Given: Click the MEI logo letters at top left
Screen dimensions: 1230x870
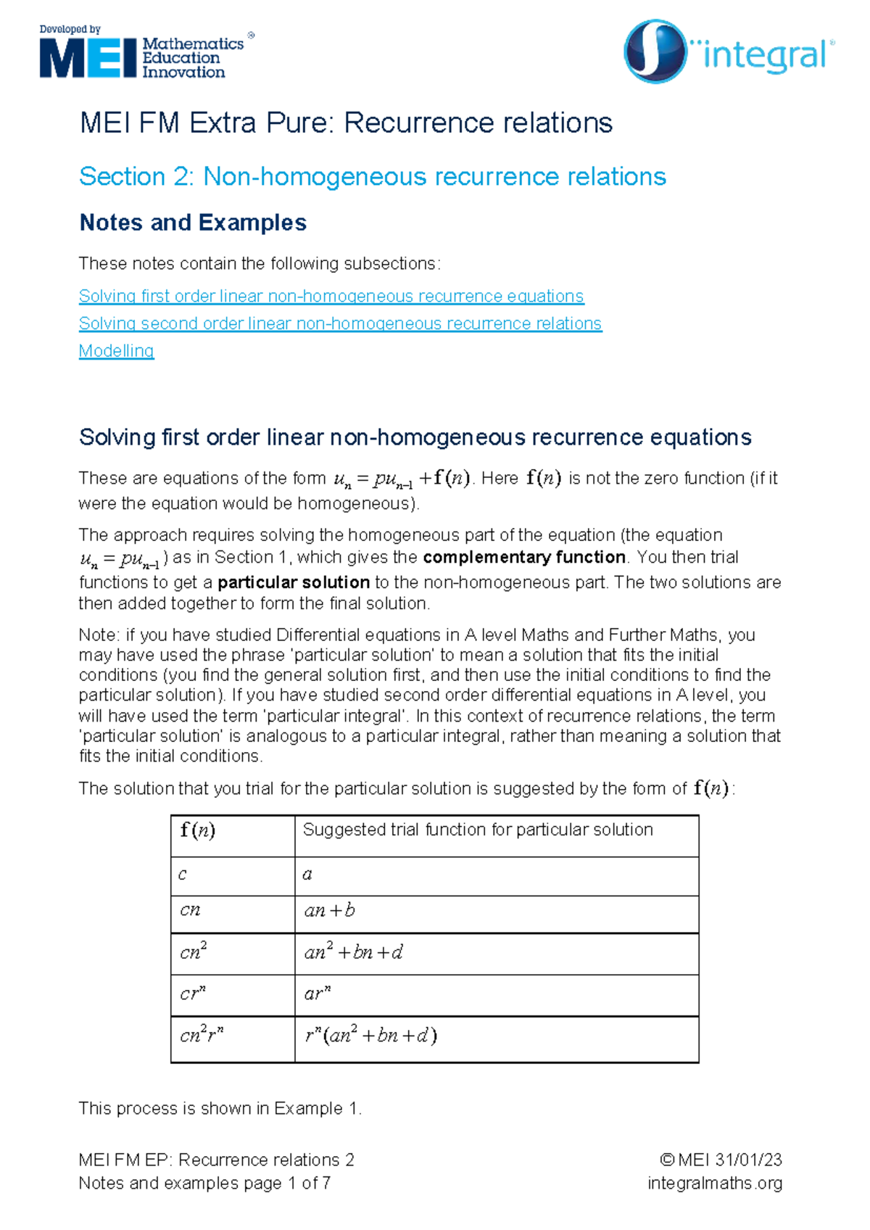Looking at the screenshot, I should pos(88,58).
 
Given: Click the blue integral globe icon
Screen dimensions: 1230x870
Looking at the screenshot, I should pos(655,51).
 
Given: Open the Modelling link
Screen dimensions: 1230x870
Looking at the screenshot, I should pos(116,351).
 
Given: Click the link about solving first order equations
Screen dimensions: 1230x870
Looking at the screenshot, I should pos(331,296).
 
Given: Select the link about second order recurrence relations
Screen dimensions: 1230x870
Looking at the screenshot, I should pos(340,323).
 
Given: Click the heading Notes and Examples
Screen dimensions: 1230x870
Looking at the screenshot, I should pos(193,223).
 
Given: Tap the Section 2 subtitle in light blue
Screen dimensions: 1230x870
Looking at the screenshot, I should pos(372,176).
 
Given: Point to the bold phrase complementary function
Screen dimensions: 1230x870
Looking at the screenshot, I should pos(523,557).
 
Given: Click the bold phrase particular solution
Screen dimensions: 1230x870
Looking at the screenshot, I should pos(294,582).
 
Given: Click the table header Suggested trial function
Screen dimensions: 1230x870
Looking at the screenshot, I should pos(477,830).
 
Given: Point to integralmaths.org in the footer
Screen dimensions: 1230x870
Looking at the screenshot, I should pos(714,1183).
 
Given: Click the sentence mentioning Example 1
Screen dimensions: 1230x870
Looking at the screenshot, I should pos(220,1108).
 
